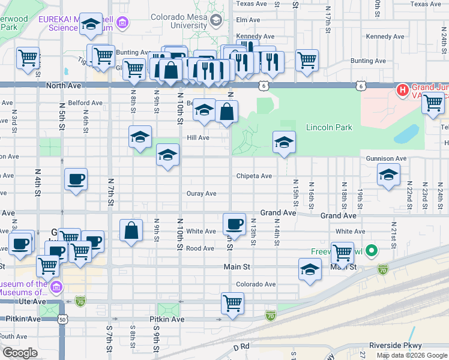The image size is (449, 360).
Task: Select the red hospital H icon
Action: [402, 91]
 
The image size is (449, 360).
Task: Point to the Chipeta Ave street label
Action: [254, 176]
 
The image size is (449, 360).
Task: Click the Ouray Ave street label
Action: [201, 193]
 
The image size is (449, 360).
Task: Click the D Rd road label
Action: [241, 346]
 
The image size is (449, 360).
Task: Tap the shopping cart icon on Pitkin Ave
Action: [232, 302]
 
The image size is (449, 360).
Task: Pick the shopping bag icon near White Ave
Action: [131, 231]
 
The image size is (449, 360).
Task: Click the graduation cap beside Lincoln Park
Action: [285, 142]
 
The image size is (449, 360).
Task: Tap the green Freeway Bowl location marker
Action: [372, 250]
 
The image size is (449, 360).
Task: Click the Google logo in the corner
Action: [19, 352]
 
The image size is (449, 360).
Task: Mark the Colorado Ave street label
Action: [256, 284]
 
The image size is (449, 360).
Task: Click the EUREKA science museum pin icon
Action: [123, 23]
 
